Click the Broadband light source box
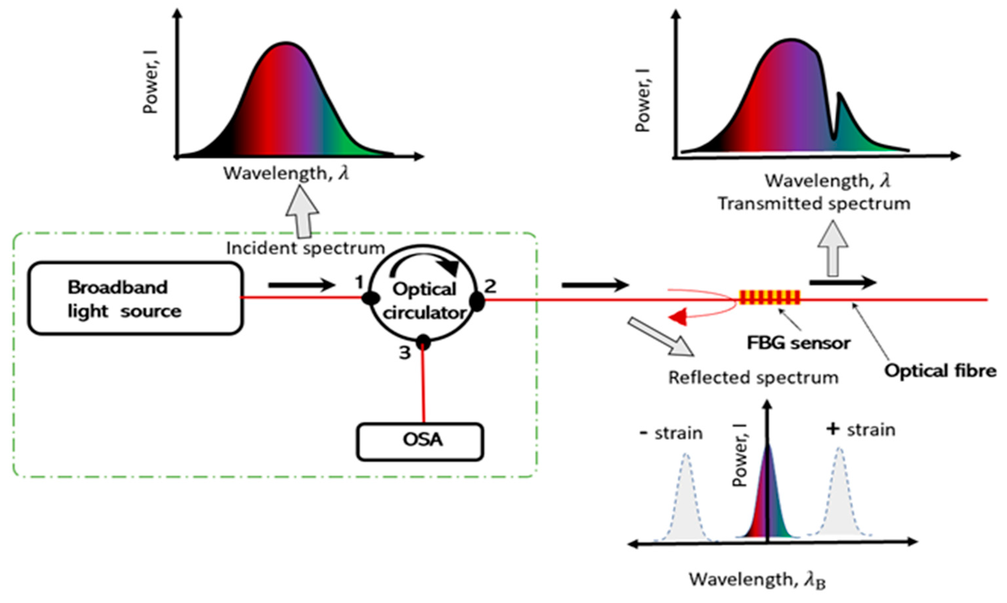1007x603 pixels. (x=135, y=299)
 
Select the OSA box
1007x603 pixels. (x=420, y=442)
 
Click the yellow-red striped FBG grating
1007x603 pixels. (x=769, y=297)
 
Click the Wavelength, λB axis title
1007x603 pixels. (x=757, y=580)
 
